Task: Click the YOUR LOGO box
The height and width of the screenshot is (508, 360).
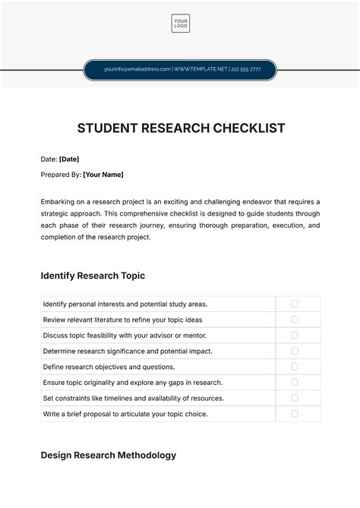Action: (180, 24)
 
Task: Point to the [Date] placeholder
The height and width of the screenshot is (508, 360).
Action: (69, 159)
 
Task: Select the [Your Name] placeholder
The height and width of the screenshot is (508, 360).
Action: (103, 175)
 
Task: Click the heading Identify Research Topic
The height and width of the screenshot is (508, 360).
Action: (92, 276)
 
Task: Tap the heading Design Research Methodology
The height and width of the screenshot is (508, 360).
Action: (108, 456)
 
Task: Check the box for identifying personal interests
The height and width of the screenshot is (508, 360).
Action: (295, 304)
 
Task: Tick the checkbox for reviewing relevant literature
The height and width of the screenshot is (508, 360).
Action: (295, 320)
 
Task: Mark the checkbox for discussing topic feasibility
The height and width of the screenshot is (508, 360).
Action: (295, 335)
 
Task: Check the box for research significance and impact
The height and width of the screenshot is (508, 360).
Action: (295, 351)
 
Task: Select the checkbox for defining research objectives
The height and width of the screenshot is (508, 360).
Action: (295, 367)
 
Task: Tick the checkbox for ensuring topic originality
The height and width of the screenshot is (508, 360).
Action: (295, 383)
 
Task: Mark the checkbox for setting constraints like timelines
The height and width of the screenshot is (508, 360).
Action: (295, 398)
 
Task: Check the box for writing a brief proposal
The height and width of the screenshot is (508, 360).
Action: (295, 414)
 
